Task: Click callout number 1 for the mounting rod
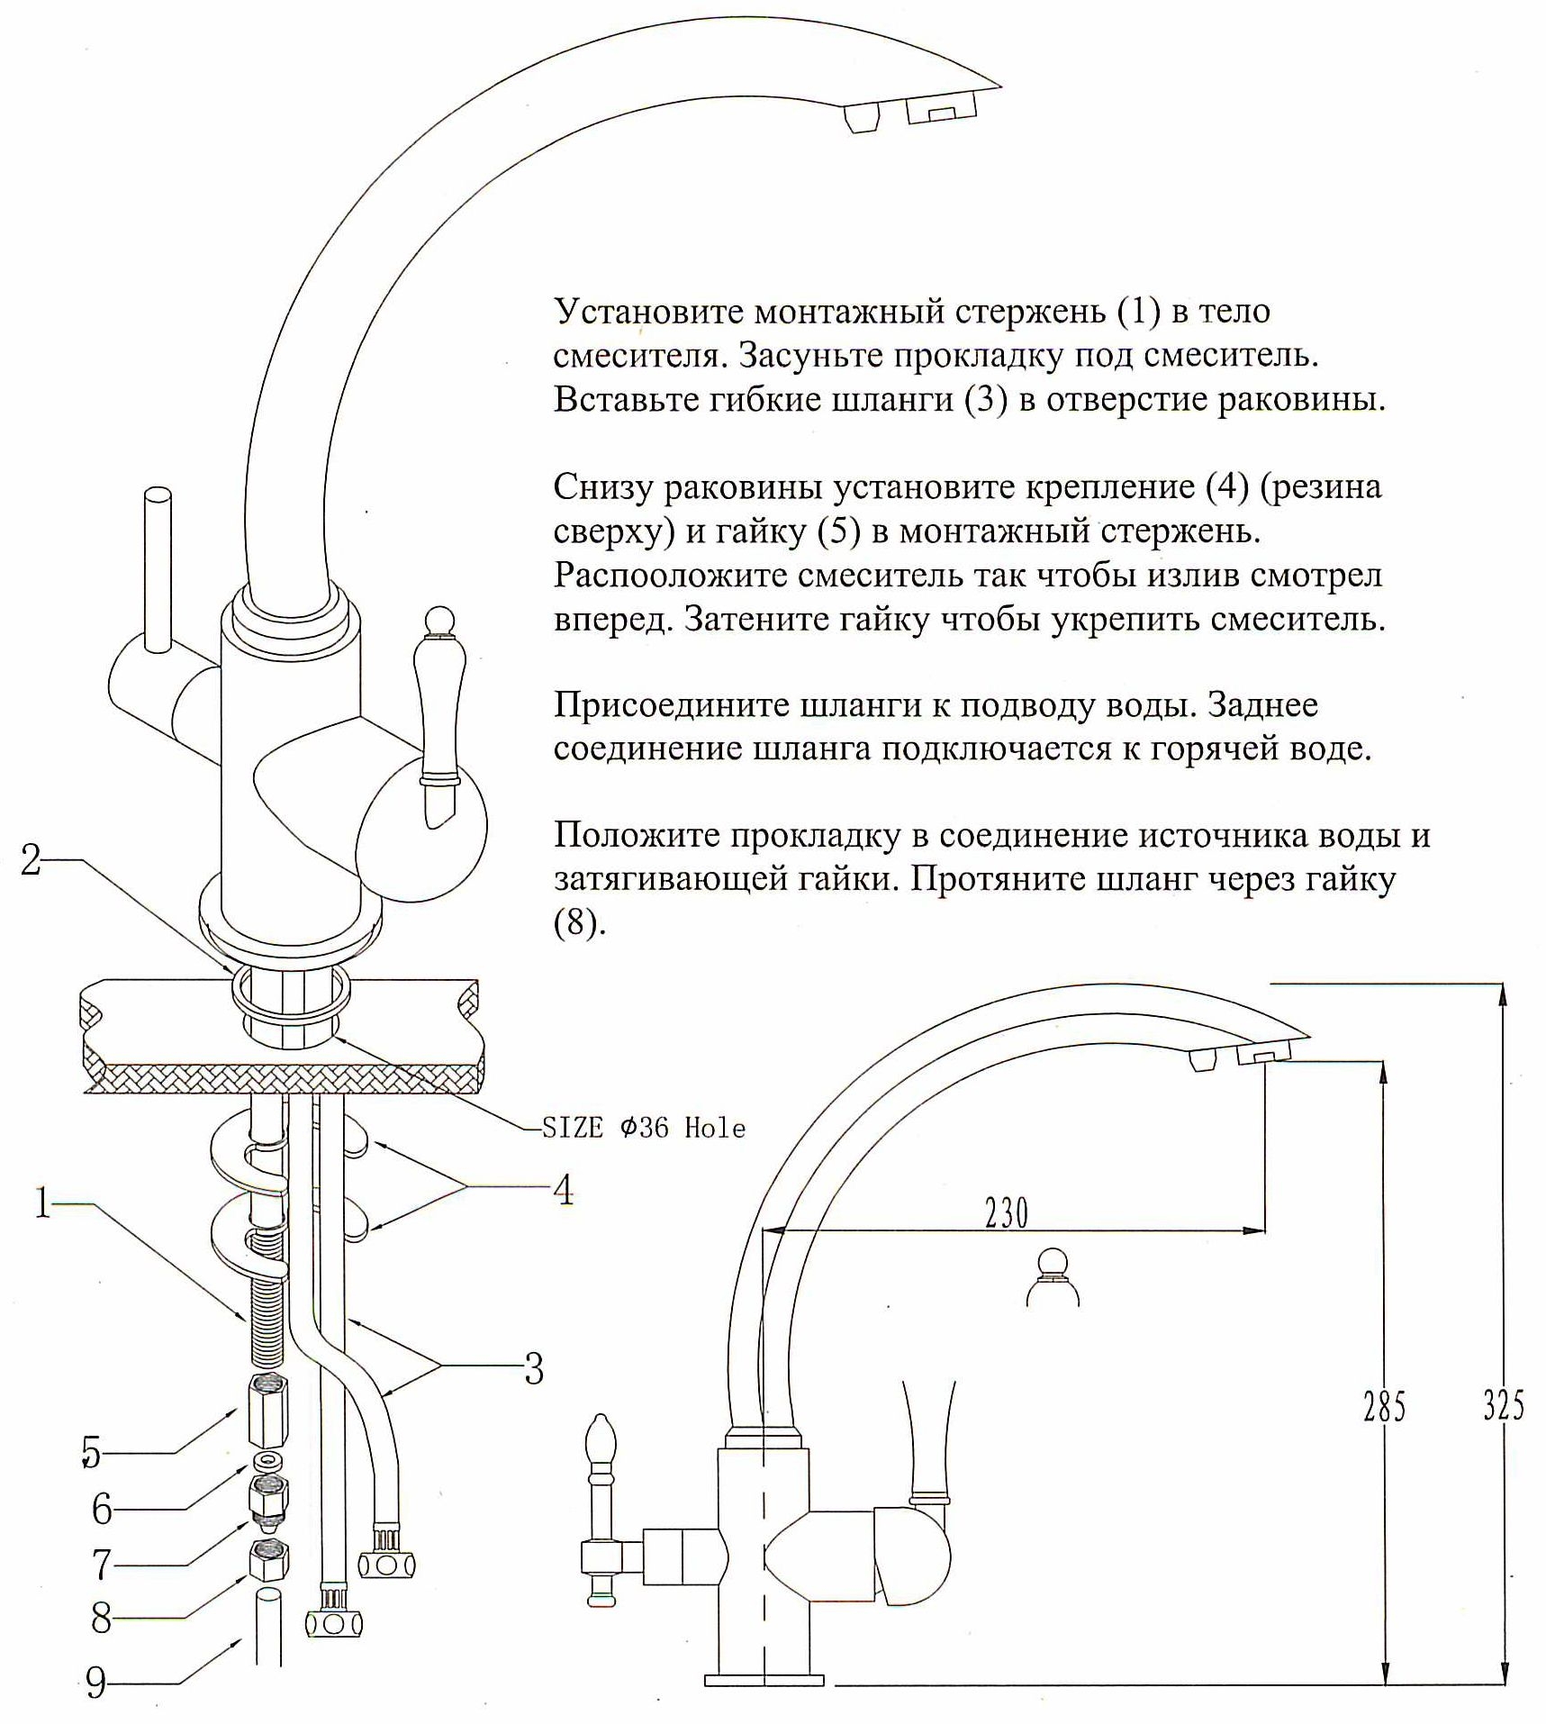(x=42, y=1202)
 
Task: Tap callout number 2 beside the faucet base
(x=31, y=860)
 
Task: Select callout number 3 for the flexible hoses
(x=534, y=1368)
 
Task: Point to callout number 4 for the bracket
(x=563, y=1190)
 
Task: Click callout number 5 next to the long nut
(x=91, y=1452)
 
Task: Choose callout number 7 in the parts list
(x=102, y=1565)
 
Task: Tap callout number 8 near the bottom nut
(x=102, y=1619)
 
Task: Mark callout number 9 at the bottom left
(x=96, y=1683)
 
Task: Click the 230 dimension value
(x=1006, y=1214)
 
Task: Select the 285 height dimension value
(x=1384, y=1406)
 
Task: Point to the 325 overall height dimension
(x=1504, y=1406)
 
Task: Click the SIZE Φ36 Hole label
(x=643, y=1128)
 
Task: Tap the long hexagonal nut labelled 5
(x=267, y=1412)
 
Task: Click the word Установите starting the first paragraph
(x=648, y=312)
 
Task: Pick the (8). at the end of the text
(x=580, y=924)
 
